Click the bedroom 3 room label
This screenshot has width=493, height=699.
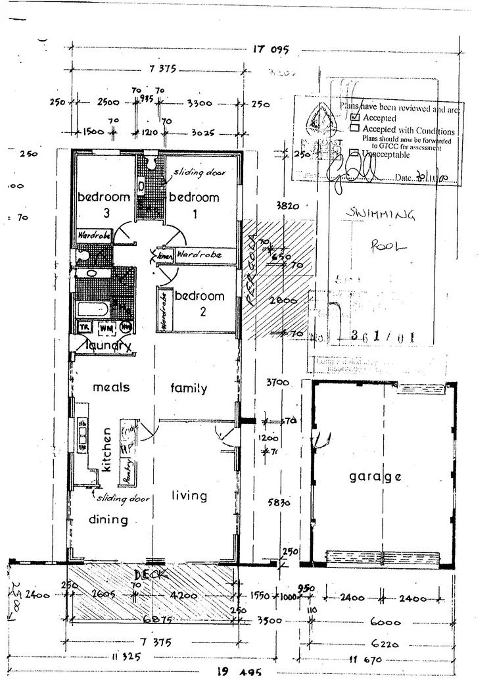coord(103,205)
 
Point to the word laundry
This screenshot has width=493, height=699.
coord(106,346)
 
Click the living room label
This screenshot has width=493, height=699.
coord(189,496)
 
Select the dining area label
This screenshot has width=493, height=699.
coord(108,519)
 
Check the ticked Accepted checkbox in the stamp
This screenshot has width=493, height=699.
coord(356,118)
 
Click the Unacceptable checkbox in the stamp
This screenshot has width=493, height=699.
coord(356,153)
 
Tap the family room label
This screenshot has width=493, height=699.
coord(189,388)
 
